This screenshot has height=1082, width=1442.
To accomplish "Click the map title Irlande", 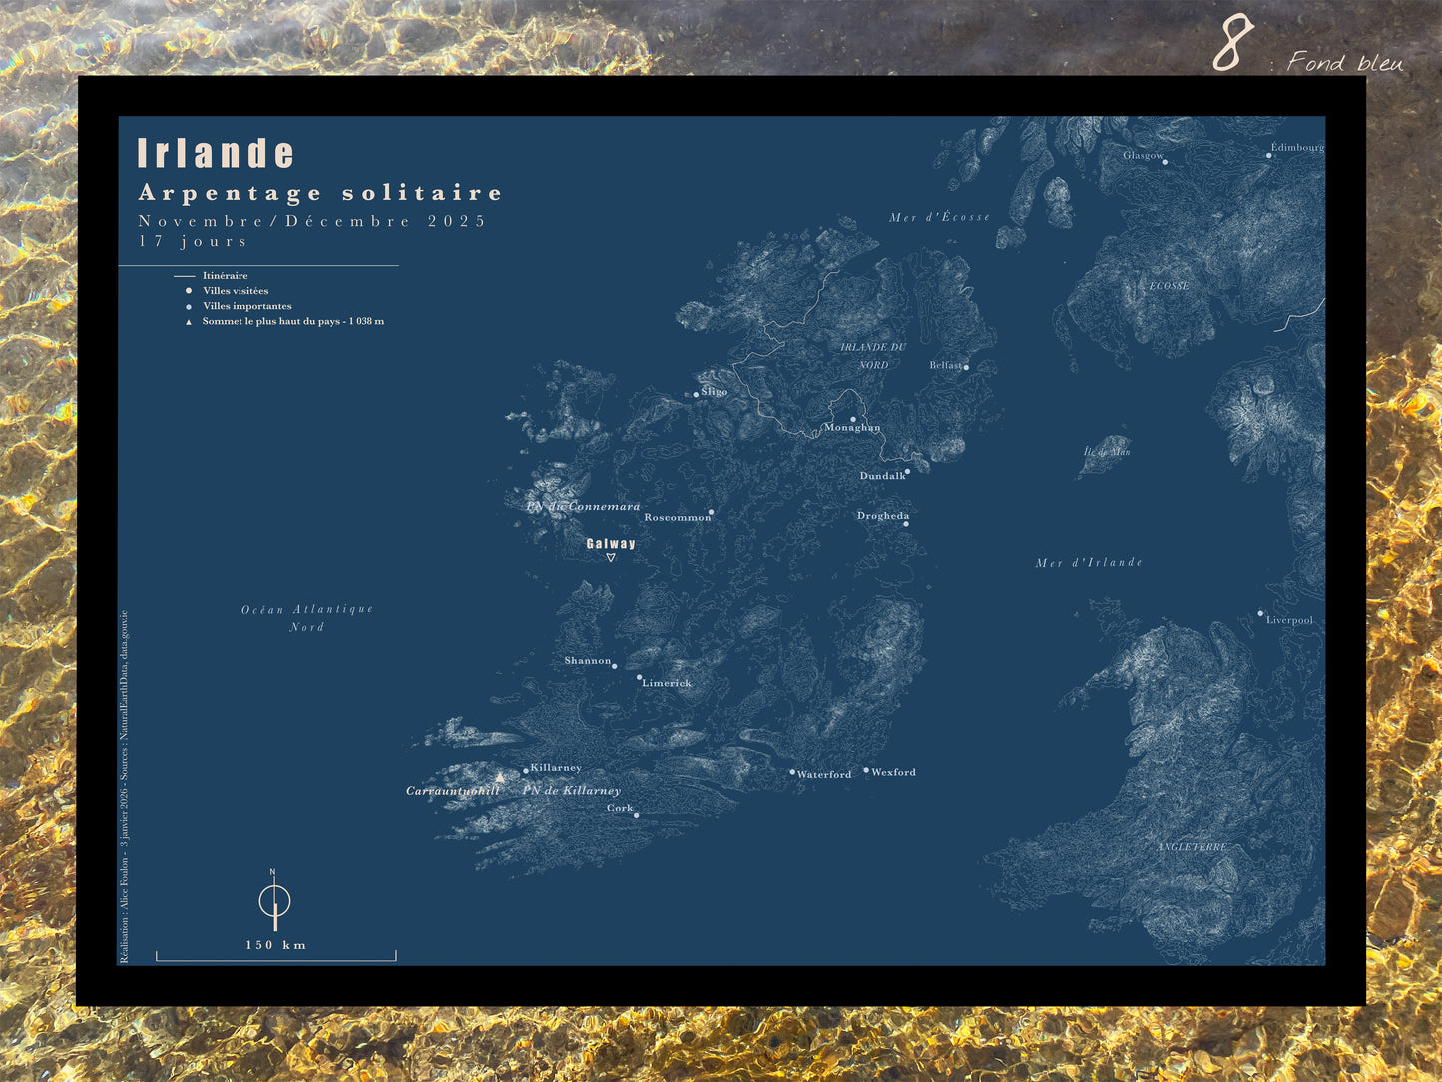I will click(x=216, y=154).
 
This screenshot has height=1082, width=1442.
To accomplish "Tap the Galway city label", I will click(x=611, y=544).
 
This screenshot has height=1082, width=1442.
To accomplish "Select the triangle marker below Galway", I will click(x=611, y=557).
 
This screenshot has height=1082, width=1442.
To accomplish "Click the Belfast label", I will click(x=945, y=365).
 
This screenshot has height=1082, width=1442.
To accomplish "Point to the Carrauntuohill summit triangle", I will click(x=500, y=777).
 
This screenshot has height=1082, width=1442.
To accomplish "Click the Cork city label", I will click(x=620, y=808).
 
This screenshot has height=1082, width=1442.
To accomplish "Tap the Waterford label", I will click(x=824, y=774).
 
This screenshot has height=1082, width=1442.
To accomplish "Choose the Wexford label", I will click(x=893, y=772).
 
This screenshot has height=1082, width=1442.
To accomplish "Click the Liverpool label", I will click(x=1289, y=620).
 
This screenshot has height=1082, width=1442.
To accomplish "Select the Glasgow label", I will click(x=1142, y=155).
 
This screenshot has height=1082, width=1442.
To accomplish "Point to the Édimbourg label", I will click(x=1297, y=147).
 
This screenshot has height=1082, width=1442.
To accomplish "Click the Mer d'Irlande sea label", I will click(x=1089, y=563).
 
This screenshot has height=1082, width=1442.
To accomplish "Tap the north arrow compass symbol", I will click(x=274, y=901).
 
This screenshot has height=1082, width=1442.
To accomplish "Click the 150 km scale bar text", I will click(x=276, y=945).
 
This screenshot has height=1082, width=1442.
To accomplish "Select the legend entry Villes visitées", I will click(x=236, y=291).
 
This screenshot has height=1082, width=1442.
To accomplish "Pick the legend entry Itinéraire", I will click(x=225, y=275).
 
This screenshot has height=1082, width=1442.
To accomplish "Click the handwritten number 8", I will click(x=1233, y=44).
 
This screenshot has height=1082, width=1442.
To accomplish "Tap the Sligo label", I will click(x=714, y=392).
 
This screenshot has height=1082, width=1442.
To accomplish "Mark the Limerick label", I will click(x=666, y=683).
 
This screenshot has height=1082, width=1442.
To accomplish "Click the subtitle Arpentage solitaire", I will click(x=319, y=193).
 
